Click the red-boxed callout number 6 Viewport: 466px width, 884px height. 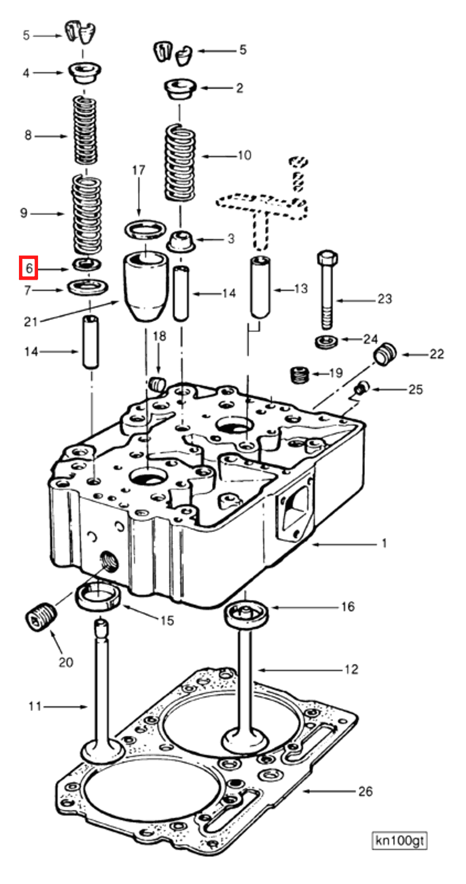(x=28, y=268)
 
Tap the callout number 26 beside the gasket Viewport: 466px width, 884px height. (x=365, y=791)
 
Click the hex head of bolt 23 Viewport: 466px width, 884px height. (x=327, y=258)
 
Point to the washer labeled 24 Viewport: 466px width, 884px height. (x=326, y=341)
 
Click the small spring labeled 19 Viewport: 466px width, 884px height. (x=299, y=374)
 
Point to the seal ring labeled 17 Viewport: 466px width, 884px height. (x=145, y=231)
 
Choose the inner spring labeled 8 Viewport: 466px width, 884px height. (x=85, y=130)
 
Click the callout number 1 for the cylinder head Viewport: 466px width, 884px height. (x=384, y=544)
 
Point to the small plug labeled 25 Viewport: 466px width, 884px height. (x=362, y=388)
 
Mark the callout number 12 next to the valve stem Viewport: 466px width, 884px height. (x=351, y=669)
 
